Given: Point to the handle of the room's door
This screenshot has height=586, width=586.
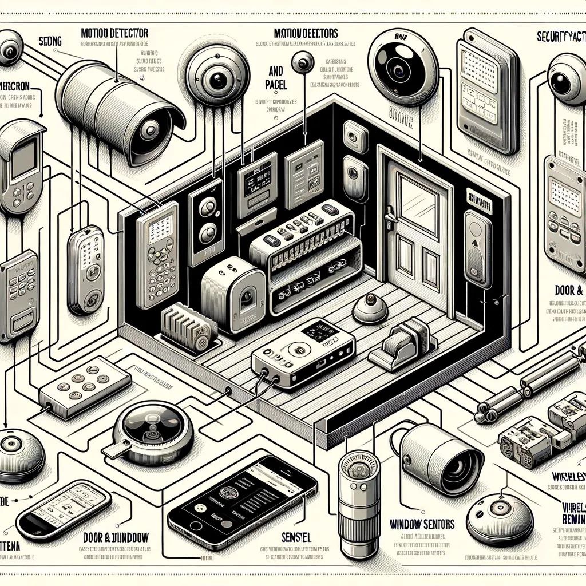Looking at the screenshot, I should [390, 217].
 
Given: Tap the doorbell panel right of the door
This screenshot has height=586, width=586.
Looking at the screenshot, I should [477, 248].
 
